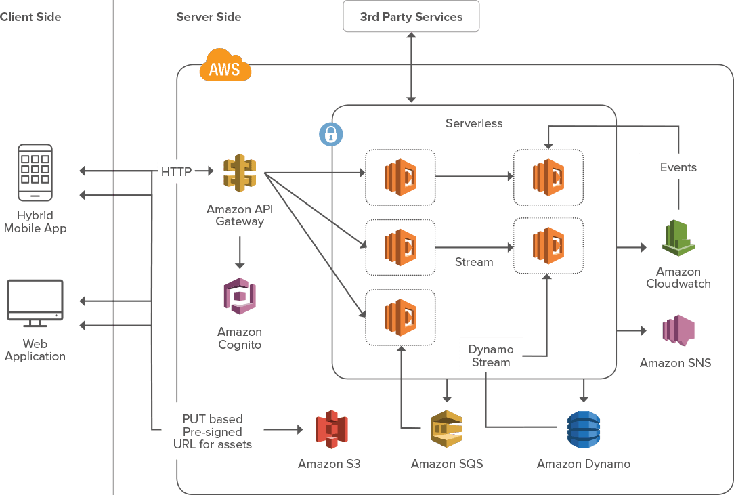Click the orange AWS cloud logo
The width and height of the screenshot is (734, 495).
[x=225, y=66]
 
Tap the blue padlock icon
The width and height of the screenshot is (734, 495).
[x=330, y=134]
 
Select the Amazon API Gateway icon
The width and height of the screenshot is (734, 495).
[x=240, y=173]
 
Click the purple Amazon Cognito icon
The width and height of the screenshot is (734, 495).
[x=240, y=296]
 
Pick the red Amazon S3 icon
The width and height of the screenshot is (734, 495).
[x=331, y=429]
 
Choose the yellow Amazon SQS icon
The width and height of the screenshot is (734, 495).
[x=447, y=429]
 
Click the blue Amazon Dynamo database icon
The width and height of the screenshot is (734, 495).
[x=583, y=429]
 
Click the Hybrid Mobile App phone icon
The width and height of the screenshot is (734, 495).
[x=35, y=173]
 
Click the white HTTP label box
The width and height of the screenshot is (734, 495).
[x=177, y=172]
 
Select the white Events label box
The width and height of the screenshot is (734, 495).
[x=678, y=167]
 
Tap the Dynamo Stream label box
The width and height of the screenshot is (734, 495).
[x=491, y=356]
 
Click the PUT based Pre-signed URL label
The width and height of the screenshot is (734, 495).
[x=212, y=431]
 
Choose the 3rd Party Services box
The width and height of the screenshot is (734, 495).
[x=411, y=16]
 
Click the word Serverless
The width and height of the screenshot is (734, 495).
[x=474, y=123]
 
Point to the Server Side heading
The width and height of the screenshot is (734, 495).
[x=209, y=16]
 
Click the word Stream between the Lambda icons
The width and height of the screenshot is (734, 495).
[x=474, y=261]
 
